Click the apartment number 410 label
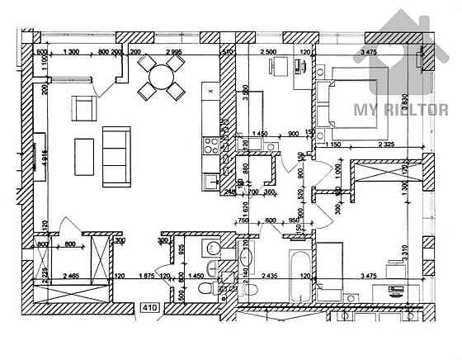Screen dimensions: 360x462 149,308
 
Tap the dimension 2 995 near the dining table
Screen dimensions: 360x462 173,52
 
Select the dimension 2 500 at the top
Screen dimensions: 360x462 269,52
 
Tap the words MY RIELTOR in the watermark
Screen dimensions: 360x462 400,109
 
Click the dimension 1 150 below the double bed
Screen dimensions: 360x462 332,146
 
